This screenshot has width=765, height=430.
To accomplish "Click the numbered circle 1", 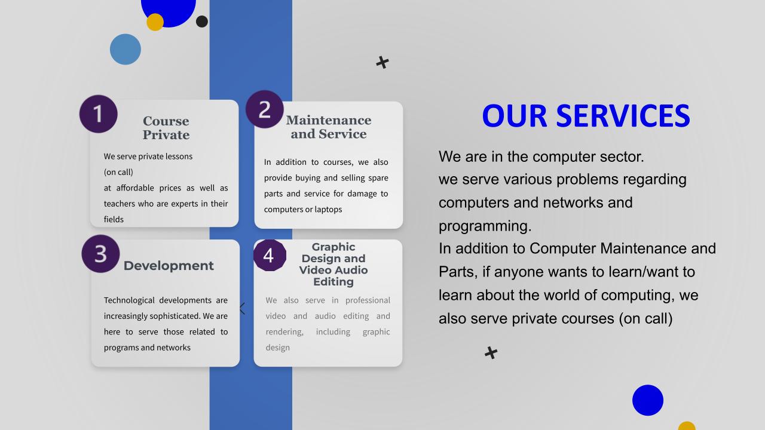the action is pos(99,113).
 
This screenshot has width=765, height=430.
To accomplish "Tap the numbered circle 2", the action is pos(265,109).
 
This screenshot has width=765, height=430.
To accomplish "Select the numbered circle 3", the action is pos(100,254).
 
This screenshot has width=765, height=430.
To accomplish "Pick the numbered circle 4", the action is pos(270,255).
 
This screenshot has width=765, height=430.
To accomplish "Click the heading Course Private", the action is pos(166,128).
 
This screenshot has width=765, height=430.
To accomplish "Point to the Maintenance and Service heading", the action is pos(329,127).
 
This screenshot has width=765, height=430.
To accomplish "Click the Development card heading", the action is pos(169,266).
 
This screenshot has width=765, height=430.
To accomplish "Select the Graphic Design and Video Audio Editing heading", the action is pos(333,264).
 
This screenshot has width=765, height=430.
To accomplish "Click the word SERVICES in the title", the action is pos(623,116).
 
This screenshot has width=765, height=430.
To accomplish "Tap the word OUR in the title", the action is pos(515,116).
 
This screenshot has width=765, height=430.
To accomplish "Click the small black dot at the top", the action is pos(202,21).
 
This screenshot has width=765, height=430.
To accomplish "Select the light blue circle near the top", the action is pos(126,49).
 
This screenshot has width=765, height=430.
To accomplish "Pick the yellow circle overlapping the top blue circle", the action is pos(155,22).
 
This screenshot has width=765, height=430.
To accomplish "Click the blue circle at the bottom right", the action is pos(648,400).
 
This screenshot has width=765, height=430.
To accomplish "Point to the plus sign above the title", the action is pos(382,63).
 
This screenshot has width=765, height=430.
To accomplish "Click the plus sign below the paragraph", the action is pos(491,353).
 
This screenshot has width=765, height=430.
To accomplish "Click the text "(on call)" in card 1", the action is pos(118,172).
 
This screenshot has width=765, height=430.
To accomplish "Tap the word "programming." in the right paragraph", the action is pos(485,226).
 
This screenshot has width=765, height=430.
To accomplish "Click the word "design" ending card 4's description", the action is pos(278,348).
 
